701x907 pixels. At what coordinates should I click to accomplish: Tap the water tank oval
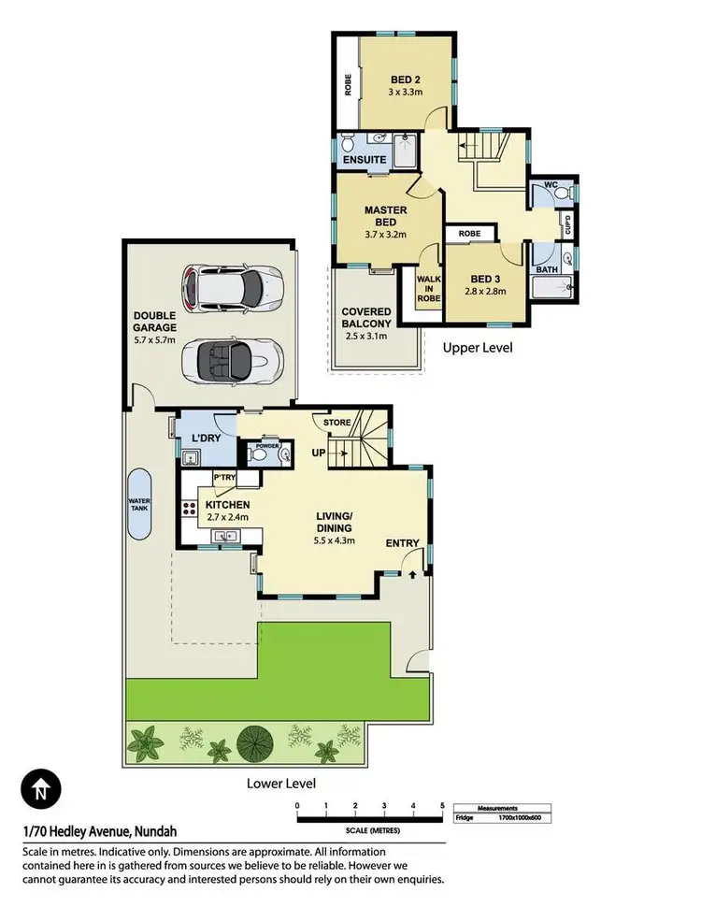[139, 503]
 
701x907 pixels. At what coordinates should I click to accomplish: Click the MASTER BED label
[385, 217]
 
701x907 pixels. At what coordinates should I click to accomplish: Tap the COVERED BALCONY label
[365, 318]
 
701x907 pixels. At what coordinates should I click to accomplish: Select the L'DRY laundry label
[206, 438]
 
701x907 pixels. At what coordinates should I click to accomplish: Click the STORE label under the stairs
[337, 423]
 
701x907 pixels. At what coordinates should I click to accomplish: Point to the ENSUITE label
[364, 160]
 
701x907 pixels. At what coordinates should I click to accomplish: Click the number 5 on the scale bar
[441, 805]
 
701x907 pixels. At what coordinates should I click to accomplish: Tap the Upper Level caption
[477, 347]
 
